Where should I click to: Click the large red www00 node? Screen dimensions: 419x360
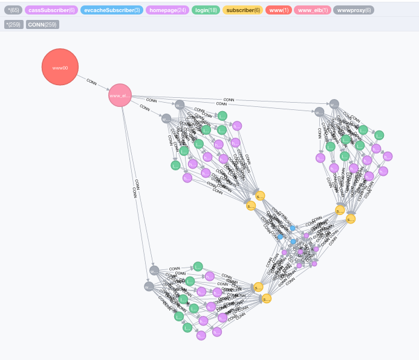coord(60,68)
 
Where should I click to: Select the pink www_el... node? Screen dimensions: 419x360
coord(120,95)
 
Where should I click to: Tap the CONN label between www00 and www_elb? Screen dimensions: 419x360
coord(91,82)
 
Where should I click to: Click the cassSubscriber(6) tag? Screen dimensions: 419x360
coord(51,10)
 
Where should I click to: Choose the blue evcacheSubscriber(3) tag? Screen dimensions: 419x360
coord(103,10)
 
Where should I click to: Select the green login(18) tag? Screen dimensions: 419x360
coord(206,10)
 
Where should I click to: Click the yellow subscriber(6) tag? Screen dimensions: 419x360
coord(242,10)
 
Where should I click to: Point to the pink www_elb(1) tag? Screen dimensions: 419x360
coord(313,10)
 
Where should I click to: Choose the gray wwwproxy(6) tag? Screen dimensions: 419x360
coord(354,10)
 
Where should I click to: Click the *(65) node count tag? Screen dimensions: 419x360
coord(13,10)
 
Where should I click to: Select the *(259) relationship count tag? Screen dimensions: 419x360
coord(13,25)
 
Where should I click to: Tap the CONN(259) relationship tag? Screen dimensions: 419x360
coord(42,25)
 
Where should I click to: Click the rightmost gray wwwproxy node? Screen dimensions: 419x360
coord(334,104)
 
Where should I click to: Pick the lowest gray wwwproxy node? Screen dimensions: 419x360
coord(149,286)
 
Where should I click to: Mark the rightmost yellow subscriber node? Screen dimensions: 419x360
coord(351,219)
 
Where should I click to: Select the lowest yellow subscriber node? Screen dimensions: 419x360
coord(266,298)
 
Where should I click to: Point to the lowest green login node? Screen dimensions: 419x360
coord(187,327)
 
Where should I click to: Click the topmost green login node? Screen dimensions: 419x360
coord(222,115)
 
